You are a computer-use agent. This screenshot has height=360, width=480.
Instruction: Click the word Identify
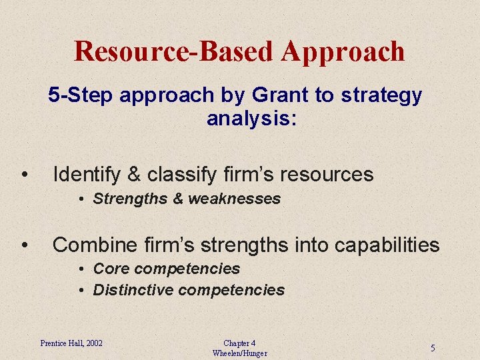tap(86, 175)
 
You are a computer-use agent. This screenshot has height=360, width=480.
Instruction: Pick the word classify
tap(178, 175)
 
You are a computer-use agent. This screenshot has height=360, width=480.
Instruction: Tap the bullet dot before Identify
tap(24, 175)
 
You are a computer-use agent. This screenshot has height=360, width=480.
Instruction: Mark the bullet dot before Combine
tap(24, 246)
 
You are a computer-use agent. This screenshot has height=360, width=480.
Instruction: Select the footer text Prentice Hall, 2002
tap(71, 343)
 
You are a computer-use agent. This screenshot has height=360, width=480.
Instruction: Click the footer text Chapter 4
tap(239, 343)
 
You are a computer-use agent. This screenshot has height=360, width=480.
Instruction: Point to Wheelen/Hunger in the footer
tap(239, 353)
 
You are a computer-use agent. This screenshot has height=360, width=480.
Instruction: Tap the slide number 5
tap(433, 348)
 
